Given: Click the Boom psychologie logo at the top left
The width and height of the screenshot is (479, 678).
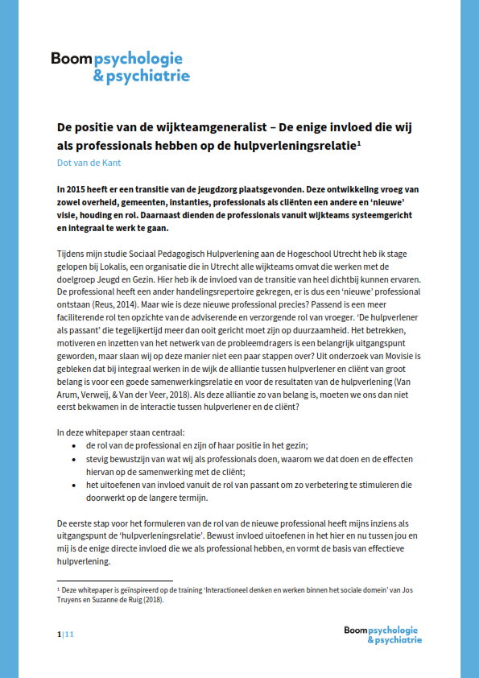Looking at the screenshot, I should (x=120, y=67).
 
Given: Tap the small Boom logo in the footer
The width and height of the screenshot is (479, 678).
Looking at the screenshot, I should (x=382, y=635).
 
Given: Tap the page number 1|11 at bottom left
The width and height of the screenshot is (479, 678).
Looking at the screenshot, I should (x=65, y=635).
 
